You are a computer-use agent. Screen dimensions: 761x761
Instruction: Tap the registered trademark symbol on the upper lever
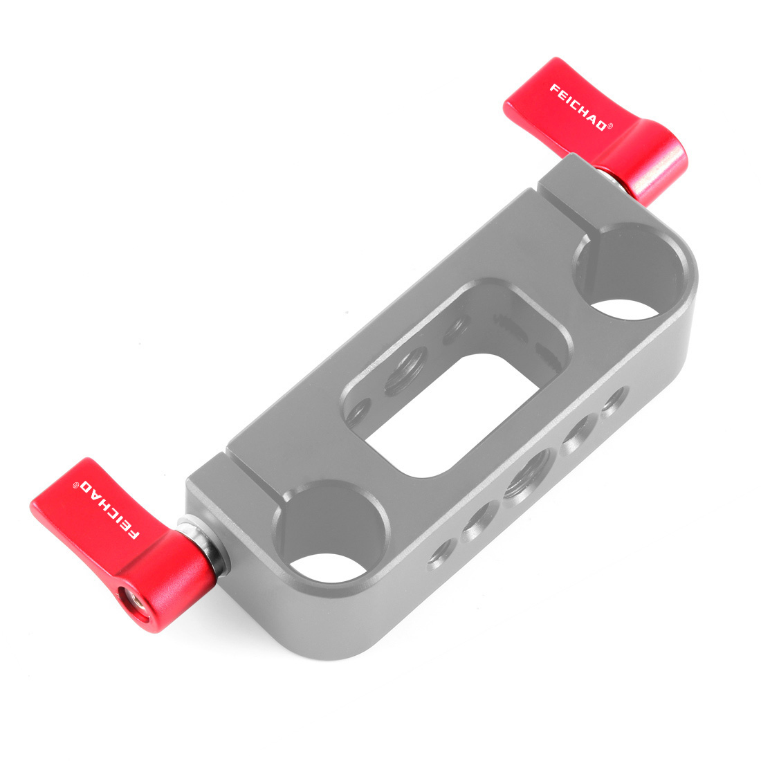(610, 126)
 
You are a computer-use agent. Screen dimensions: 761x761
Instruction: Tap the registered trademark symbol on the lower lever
(75, 484)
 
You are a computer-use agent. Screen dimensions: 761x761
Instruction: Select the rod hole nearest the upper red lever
(631, 274)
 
